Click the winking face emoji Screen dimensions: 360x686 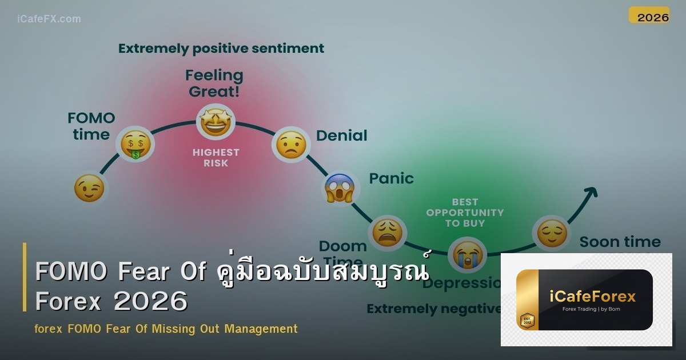pyautogui.click(x=90, y=189)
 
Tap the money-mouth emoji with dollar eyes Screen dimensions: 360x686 pyautogui.click(x=135, y=144)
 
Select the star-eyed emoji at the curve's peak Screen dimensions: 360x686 pyautogui.click(x=215, y=122)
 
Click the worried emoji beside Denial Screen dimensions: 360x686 pyautogui.click(x=291, y=145)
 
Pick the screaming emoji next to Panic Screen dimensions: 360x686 pyautogui.click(x=340, y=188)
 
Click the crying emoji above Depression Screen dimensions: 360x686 pyautogui.click(x=467, y=255)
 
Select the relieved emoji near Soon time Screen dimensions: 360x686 pyautogui.click(x=552, y=233)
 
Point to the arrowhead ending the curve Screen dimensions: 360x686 pyautogui.click(x=592, y=192)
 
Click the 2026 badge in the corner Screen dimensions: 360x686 pyautogui.click(x=653, y=17)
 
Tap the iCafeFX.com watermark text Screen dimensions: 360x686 pyautogui.click(x=49, y=19)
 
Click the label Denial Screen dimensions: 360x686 pyautogui.click(x=341, y=135)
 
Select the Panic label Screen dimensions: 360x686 pyautogui.click(x=391, y=178)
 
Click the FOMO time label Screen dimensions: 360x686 pyautogui.click(x=91, y=126)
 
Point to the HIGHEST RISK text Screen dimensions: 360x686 pyautogui.click(x=216, y=158)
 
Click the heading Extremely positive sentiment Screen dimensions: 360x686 pyautogui.click(x=221, y=49)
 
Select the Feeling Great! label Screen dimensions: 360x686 pyautogui.click(x=214, y=83)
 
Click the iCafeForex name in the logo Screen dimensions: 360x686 pyautogui.click(x=592, y=296)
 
